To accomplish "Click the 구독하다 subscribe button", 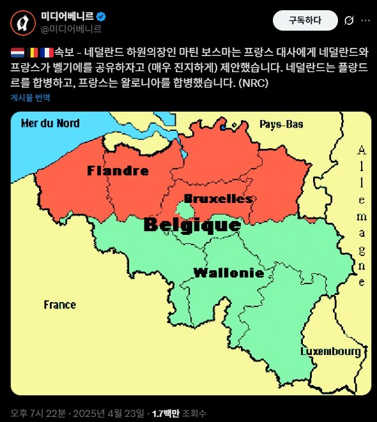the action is (x=305, y=20).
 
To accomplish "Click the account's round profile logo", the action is (x=23, y=22).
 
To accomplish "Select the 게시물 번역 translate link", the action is (x=30, y=98).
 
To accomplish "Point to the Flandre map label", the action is (x=118, y=170).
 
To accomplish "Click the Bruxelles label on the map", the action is (x=218, y=199).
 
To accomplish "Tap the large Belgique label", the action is (x=192, y=225).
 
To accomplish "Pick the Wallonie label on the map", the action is (x=228, y=273).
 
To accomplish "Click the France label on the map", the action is (x=59, y=305).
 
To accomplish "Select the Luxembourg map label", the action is (x=330, y=351).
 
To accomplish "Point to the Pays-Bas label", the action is (x=281, y=124).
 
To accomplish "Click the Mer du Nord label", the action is (x=50, y=123).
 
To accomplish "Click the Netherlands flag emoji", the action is (x=18, y=52).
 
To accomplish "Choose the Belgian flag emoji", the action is (x=33, y=52).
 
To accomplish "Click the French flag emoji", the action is (x=47, y=52).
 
